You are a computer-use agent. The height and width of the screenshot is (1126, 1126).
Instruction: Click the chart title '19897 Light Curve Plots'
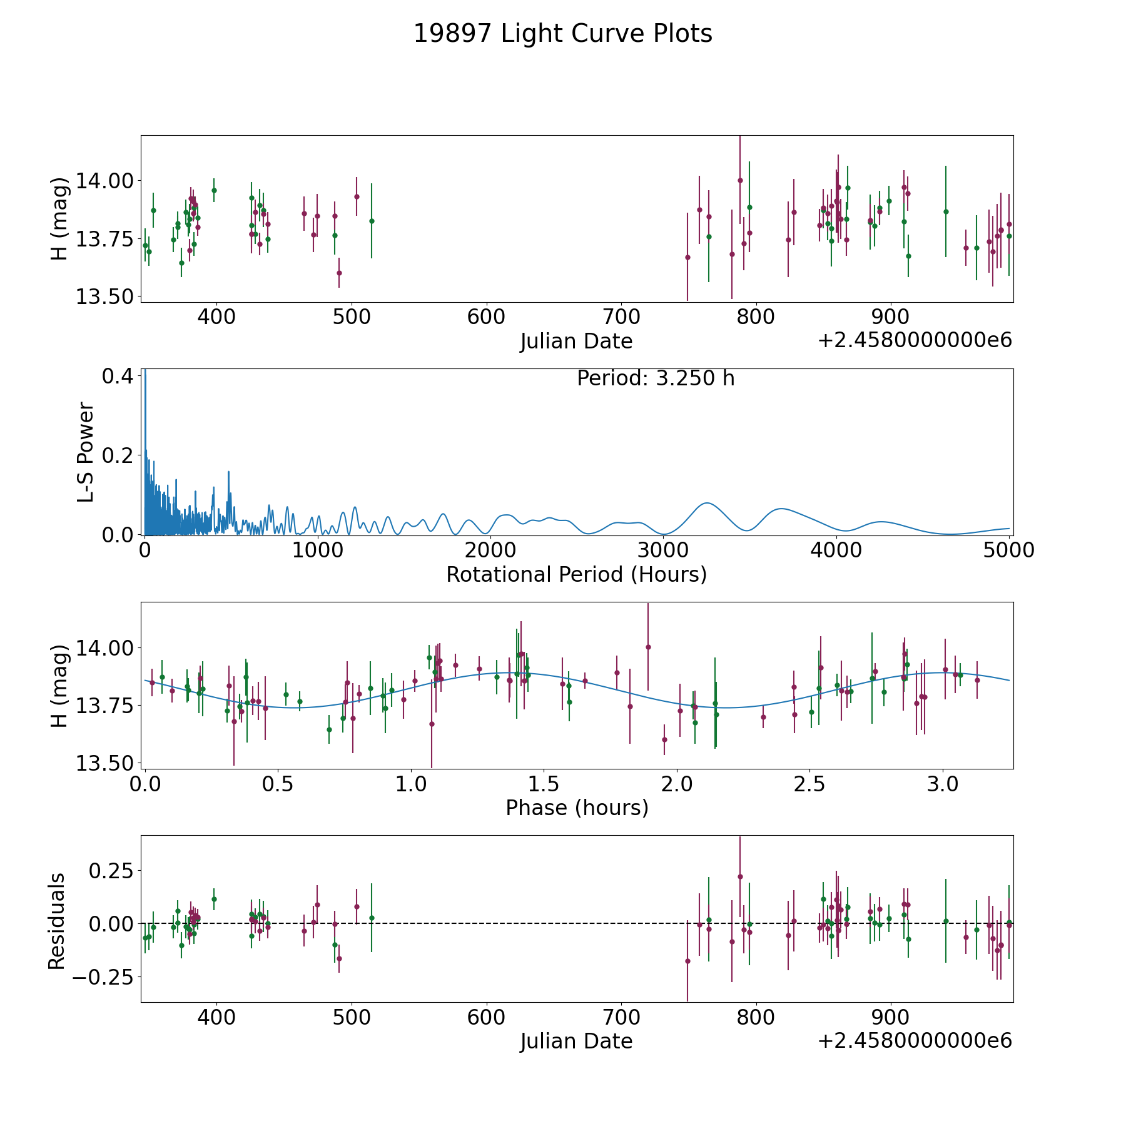click(563, 34)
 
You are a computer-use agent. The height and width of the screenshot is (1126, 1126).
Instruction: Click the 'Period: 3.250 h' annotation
click(656, 378)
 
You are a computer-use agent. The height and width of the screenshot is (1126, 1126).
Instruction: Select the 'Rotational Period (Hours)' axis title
click(576, 574)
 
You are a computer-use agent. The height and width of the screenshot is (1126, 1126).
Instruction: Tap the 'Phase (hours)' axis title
click(577, 808)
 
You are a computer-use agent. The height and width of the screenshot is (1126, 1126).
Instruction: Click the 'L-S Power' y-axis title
click(86, 452)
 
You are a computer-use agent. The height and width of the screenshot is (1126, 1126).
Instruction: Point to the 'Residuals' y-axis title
click(57, 921)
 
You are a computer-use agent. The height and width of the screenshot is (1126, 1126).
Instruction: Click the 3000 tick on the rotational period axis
click(663, 550)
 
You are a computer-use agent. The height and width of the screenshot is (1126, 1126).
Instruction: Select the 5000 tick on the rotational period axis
click(1008, 550)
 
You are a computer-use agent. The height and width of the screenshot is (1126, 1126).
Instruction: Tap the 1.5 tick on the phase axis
click(544, 784)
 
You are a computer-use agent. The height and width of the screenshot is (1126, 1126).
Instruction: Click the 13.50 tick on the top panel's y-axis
click(104, 297)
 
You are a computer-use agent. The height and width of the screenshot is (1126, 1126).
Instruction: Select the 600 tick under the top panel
click(486, 317)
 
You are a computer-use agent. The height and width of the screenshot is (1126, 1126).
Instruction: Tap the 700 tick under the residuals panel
click(621, 1017)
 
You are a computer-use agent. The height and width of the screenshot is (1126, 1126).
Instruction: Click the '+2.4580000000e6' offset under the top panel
click(915, 340)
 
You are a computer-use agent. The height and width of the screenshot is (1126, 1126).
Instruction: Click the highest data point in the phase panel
click(648, 647)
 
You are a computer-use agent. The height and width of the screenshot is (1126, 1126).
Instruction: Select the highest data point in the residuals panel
click(740, 876)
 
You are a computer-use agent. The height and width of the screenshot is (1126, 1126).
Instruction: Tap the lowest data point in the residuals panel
click(687, 961)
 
